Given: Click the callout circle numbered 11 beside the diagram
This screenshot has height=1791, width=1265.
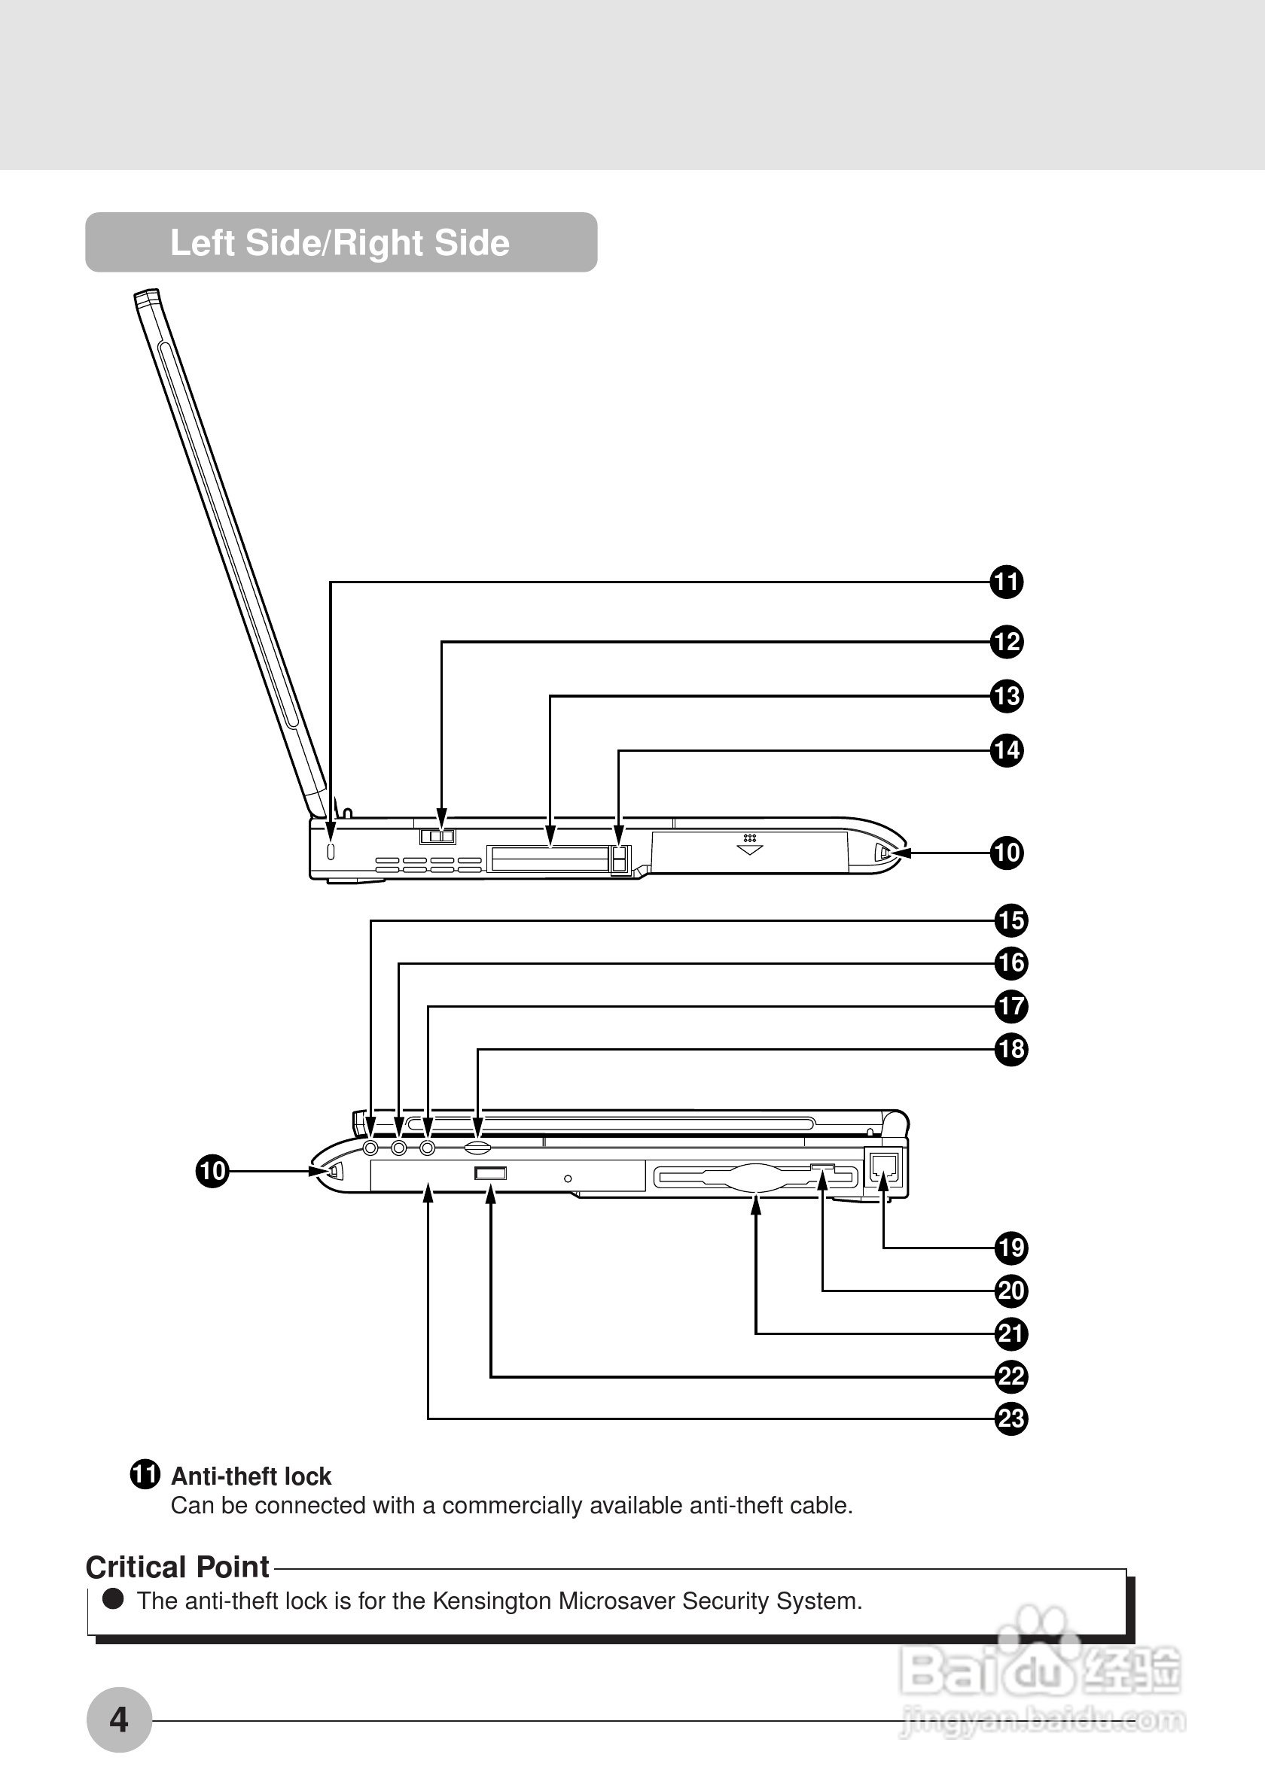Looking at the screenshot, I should [1007, 582].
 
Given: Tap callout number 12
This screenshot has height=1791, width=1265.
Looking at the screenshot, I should [1007, 642].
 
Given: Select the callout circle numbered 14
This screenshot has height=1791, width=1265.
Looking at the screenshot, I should [1007, 750].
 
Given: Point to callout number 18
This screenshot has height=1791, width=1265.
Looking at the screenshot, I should [1011, 1049].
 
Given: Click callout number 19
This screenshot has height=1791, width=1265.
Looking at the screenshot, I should [1011, 1248].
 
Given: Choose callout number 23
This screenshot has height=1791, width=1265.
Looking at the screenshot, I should [1011, 1419].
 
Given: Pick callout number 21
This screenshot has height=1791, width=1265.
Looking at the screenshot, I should [1011, 1334].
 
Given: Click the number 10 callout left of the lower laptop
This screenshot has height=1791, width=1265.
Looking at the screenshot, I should [212, 1171].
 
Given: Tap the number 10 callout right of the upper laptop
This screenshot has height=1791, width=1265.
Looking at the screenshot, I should [1007, 853].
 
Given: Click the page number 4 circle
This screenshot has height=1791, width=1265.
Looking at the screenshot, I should [119, 1720].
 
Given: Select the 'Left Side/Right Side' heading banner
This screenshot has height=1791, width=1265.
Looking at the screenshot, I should [341, 242].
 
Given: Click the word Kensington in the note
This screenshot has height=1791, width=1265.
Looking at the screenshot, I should [492, 1601].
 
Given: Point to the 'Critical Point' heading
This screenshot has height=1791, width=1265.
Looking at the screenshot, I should [178, 1566].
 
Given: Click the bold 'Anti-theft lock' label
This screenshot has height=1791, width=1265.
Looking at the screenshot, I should [251, 1476].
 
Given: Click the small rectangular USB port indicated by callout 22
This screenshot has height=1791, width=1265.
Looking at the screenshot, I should [490, 1172].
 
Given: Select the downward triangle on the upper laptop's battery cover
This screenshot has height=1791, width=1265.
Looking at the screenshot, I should [749, 850].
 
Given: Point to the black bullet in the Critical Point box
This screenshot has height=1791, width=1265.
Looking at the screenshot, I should [114, 1599].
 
